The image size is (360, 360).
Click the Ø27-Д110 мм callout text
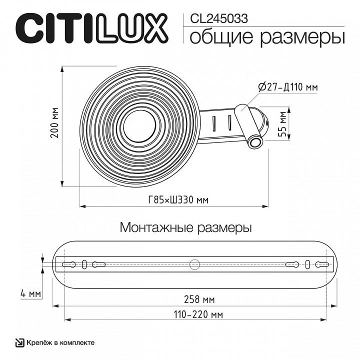pos(288,87)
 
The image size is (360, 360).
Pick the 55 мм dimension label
pos(283,124)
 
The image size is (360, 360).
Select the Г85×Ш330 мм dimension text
pos(178,200)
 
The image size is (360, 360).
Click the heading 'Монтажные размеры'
pos(185,227)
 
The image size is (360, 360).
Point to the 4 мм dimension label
pos(31,293)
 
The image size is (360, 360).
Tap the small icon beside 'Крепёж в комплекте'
pos(19,342)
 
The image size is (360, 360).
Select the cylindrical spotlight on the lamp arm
pos(249,125)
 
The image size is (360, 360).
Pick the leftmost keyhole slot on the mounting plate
pos(69,263)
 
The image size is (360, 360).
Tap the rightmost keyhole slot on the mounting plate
pos(321,263)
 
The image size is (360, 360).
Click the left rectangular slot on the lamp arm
pos(214,123)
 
